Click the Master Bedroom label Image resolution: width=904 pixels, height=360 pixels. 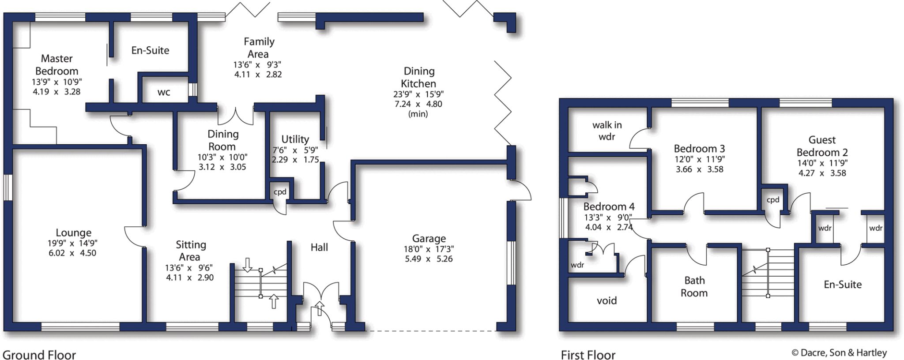point(56,65)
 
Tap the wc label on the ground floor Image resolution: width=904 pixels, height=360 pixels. point(164,93)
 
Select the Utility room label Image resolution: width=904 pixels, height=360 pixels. point(295,139)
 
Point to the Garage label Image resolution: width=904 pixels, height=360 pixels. point(429,239)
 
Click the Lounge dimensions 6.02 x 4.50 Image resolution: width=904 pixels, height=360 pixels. point(73,253)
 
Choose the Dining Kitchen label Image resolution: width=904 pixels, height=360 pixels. point(419,77)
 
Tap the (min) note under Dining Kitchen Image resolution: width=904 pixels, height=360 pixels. point(418,114)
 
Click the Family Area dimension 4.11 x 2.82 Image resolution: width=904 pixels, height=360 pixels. point(258,75)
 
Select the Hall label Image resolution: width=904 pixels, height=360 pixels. point(319,247)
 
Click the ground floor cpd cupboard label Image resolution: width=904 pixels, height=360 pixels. point(280,192)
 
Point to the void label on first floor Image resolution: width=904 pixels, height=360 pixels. point(607,301)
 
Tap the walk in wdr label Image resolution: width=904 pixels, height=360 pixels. point(607,131)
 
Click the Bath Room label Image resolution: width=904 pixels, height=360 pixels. point(694,287)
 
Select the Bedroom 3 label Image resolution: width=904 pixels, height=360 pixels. point(699,149)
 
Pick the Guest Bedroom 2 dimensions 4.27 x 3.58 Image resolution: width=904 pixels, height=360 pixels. point(822,173)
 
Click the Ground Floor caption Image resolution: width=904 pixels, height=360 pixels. point(39,355)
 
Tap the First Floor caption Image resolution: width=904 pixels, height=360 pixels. point(588,355)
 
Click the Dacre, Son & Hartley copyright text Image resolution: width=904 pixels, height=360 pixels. point(839,352)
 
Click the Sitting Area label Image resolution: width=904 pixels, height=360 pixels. point(191,251)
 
